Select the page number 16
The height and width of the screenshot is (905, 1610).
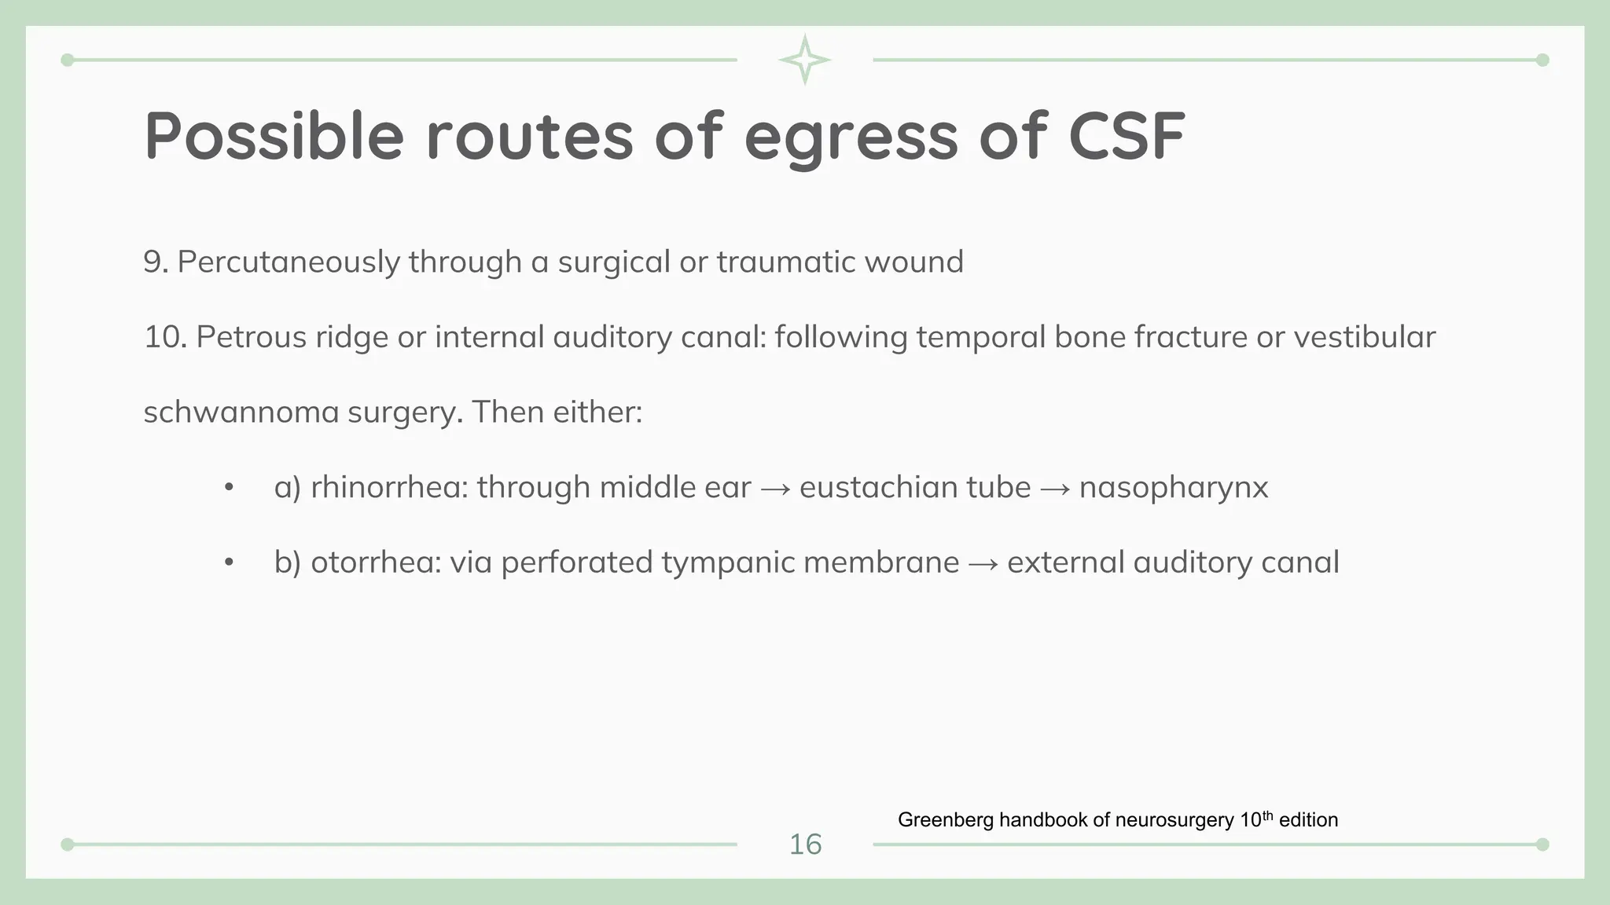pos(805,845)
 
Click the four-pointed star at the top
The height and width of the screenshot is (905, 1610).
pos(804,60)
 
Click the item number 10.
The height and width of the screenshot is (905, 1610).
pos(164,337)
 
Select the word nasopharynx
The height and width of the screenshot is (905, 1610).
pos(1174,488)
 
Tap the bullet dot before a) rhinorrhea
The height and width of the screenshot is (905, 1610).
pos(229,488)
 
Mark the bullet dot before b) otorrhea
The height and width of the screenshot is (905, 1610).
pos(229,562)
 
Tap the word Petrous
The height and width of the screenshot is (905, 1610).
pos(251,337)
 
